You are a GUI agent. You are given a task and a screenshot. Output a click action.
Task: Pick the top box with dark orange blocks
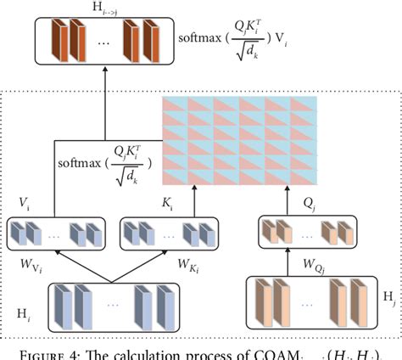click(x=92, y=42)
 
